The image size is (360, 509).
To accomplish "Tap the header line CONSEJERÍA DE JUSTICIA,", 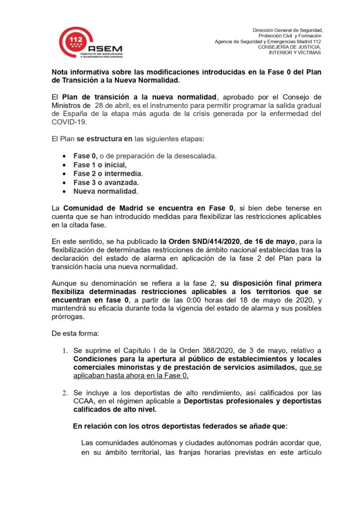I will pyautogui.click(x=289, y=47).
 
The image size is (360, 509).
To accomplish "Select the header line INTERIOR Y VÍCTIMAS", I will pyautogui.click(x=295, y=52).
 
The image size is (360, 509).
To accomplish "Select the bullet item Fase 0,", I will pyautogui.click(x=85, y=156).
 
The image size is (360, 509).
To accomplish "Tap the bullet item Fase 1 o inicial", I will pyautogui.click(x=100, y=165).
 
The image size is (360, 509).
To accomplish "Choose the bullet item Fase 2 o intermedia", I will pyautogui.click(x=108, y=173).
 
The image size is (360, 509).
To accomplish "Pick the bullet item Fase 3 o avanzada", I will pyautogui.click(x=106, y=182).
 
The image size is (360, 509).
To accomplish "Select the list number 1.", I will pyautogui.click(x=65, y=350).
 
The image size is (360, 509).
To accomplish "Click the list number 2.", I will pyautogui.click(x=65, y=392).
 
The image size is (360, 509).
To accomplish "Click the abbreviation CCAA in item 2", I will pyautogui.click(x=84, y=401).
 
